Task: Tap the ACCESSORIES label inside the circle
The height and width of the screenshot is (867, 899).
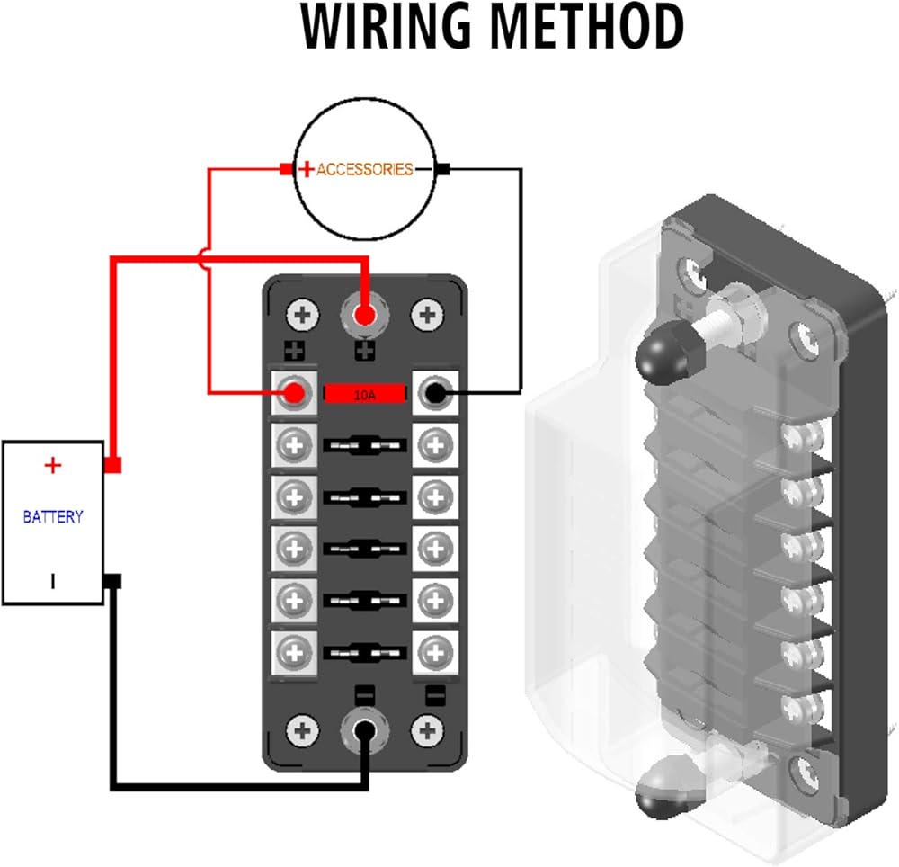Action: tap(364, 169)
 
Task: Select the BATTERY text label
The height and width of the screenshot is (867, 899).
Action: tap(53, 517)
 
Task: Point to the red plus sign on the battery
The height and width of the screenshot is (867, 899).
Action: tap(53, 465)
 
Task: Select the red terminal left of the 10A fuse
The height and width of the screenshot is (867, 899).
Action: tap(293, 392)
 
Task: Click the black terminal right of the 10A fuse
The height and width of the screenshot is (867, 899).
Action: tap(436, 392)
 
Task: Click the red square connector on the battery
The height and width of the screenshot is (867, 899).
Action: tap(113, 465)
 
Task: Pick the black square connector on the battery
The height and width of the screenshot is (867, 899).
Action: tap(113, 581)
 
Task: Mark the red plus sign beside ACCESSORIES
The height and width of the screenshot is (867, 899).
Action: tap(306, 169)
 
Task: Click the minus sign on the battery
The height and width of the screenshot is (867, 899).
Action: tap(53, 582)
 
